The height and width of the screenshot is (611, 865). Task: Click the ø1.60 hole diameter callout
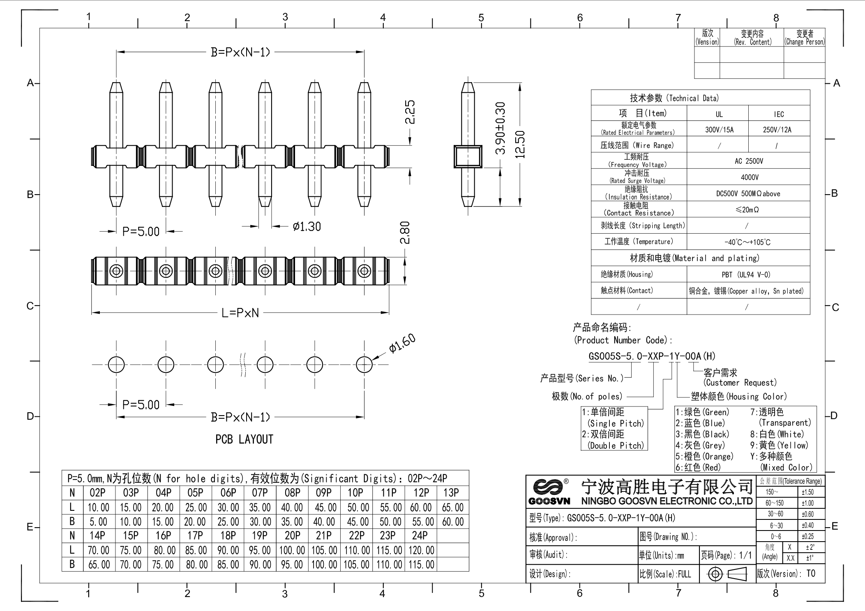pyautogui.click(x=402, y=344)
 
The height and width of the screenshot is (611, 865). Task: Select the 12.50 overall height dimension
pyautogui.click(x=520, y=144)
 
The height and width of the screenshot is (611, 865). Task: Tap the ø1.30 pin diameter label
pyautogui.click(x=307, y=226)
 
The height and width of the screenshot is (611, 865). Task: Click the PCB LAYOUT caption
pyautogui.click(x=244, y=439)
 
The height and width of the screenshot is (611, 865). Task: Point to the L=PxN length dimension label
pyautogui.click(x=240, y=313)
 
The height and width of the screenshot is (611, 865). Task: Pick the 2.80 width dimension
pyautogui.click(x=405, y=233)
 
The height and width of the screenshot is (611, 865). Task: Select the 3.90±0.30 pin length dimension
pyautogui.click(x=500, y=128)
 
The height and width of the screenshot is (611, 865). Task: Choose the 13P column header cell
pyautogui.click(x=451, y=493)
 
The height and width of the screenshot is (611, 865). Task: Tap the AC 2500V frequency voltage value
pyautogui.click(x=749, y=161)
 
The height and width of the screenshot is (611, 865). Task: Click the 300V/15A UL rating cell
pyautogui.click(x=719, y=130)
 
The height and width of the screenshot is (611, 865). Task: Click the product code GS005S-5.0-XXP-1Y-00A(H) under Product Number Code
pyautogui.click(x=652, y=356)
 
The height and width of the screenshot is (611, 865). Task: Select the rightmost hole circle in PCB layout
pyautogui.click(x=364, y=364)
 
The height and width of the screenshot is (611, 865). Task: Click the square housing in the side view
pyautogui.click(x=468, y=156)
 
